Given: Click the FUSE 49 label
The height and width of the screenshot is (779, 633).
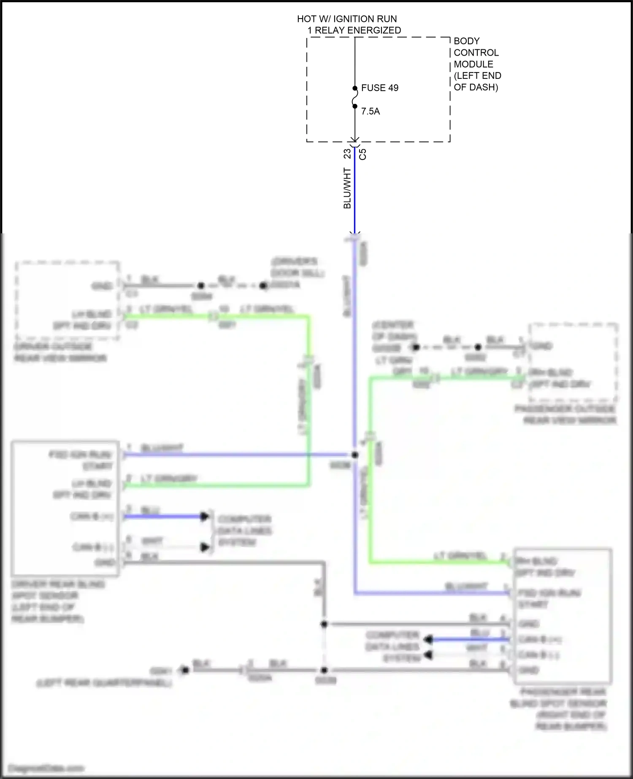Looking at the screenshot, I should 379,88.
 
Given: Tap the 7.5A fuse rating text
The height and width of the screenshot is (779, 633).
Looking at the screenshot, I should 370,111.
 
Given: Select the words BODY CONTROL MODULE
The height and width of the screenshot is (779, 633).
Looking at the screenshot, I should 476,53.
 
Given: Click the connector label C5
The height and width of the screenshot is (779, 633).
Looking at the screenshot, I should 362,154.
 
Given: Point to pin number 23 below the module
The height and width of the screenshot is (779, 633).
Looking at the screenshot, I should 347,153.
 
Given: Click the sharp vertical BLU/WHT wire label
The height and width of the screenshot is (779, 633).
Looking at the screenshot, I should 347,188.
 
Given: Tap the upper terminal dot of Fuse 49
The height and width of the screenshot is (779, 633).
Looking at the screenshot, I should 355,88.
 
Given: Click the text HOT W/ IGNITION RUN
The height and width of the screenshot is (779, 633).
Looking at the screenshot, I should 347,19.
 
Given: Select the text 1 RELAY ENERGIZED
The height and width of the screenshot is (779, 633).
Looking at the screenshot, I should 354,30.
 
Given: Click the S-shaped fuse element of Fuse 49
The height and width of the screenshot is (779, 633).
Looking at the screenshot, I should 355,97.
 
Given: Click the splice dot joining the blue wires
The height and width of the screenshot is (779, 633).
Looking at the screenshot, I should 355,455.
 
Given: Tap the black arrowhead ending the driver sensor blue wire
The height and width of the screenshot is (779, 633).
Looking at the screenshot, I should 205,516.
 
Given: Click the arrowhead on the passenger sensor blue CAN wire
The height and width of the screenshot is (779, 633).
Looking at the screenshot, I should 428,640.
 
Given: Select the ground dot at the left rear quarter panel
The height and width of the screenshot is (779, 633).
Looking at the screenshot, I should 184,670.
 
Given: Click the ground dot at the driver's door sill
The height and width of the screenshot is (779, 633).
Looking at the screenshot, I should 263,286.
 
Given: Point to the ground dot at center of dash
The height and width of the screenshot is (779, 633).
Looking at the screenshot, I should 416,347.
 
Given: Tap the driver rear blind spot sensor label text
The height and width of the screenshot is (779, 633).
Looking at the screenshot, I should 57,601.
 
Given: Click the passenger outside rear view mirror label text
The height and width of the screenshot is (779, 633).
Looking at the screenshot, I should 565,414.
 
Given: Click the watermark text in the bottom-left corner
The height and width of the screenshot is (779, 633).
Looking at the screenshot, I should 45,768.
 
